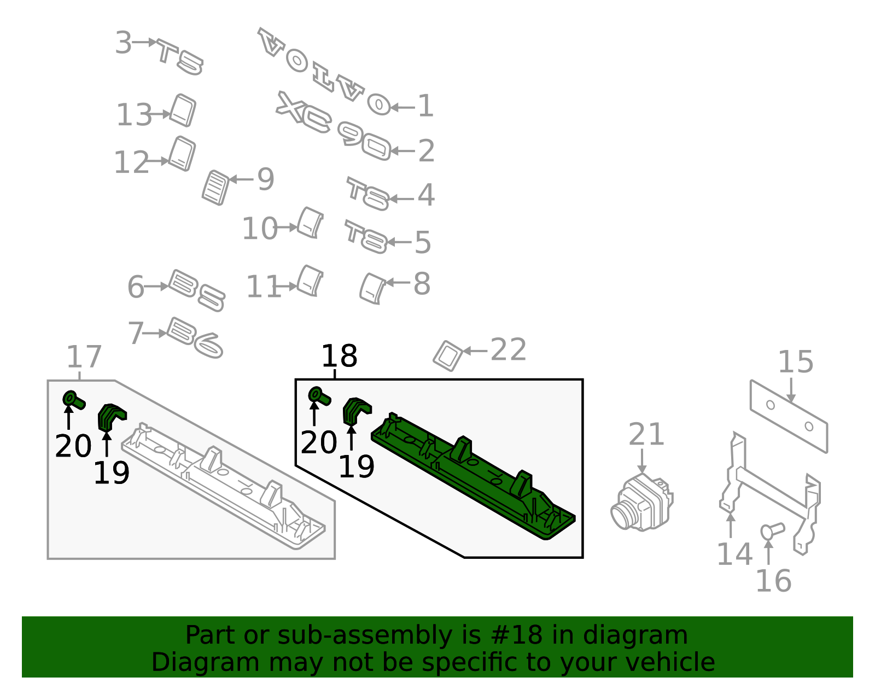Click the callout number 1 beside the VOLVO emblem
[x=425, y=106]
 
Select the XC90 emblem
[x=334, y=126]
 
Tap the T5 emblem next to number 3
[x=180, y=56]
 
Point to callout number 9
[x=266, y=179]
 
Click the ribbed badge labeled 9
[x=216, y=188]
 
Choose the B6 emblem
[x=195, y=338]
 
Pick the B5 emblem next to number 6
[x=196, y=290]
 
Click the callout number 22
[x=509, y=349]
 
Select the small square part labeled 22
[x=448, y=356]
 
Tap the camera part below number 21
[x=641, y=503]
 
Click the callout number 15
[x=796, y=361]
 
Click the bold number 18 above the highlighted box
[x=339, y=356]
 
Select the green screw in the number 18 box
[x=319, y=396]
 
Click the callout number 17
[x=84, y=357]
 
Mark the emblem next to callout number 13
[x=183, y=110]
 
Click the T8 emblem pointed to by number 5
[x=366, y=237]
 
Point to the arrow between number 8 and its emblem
[x=398, y=283]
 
